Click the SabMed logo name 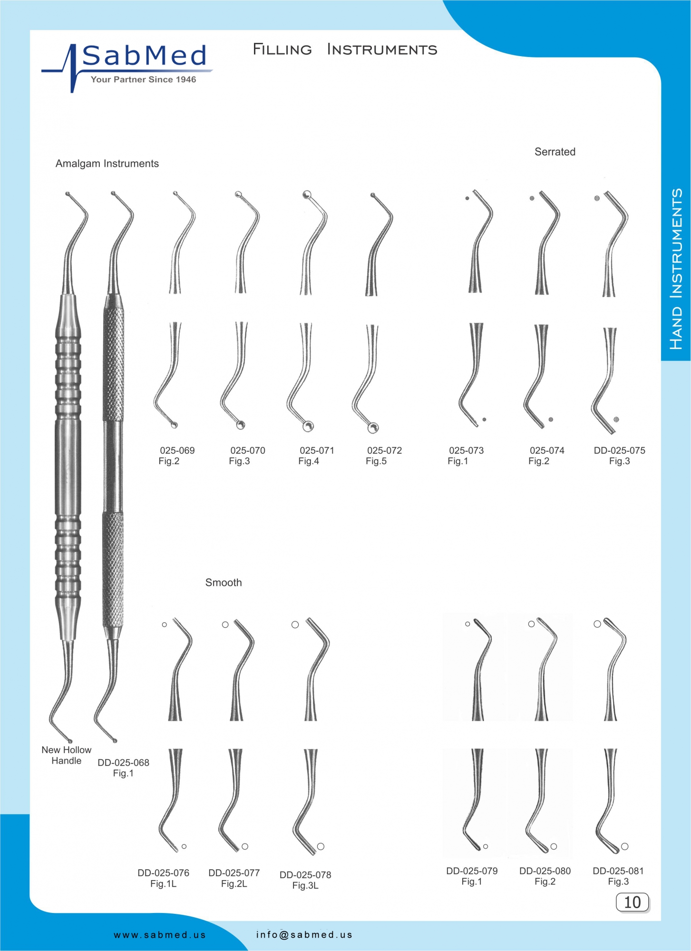[x=145, y=56]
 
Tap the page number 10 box [x=632, y=902]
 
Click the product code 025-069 [x=177, y=450]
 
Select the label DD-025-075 [x=619, y=450]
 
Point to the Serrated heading [x=555, y=152]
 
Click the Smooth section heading [x=224, y=582]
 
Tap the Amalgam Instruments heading [x=107, y=164]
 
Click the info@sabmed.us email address [x=304, y=934]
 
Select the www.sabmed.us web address [x=160, y=935]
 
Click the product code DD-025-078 [x=305, y=874]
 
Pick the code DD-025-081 [x=618, y=871]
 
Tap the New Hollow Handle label [x=67, y=755]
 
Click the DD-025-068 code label [x=123, y=762]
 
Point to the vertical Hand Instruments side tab [x=676, y=269]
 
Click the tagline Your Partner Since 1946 [x=144, y=79]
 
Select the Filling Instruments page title [x=345, y=49]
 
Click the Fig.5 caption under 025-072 [x=376, y=461]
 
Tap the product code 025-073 [x=466, y=450]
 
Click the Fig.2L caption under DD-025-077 [x=234, y=883]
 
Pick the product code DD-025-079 [x=472, y=871]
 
